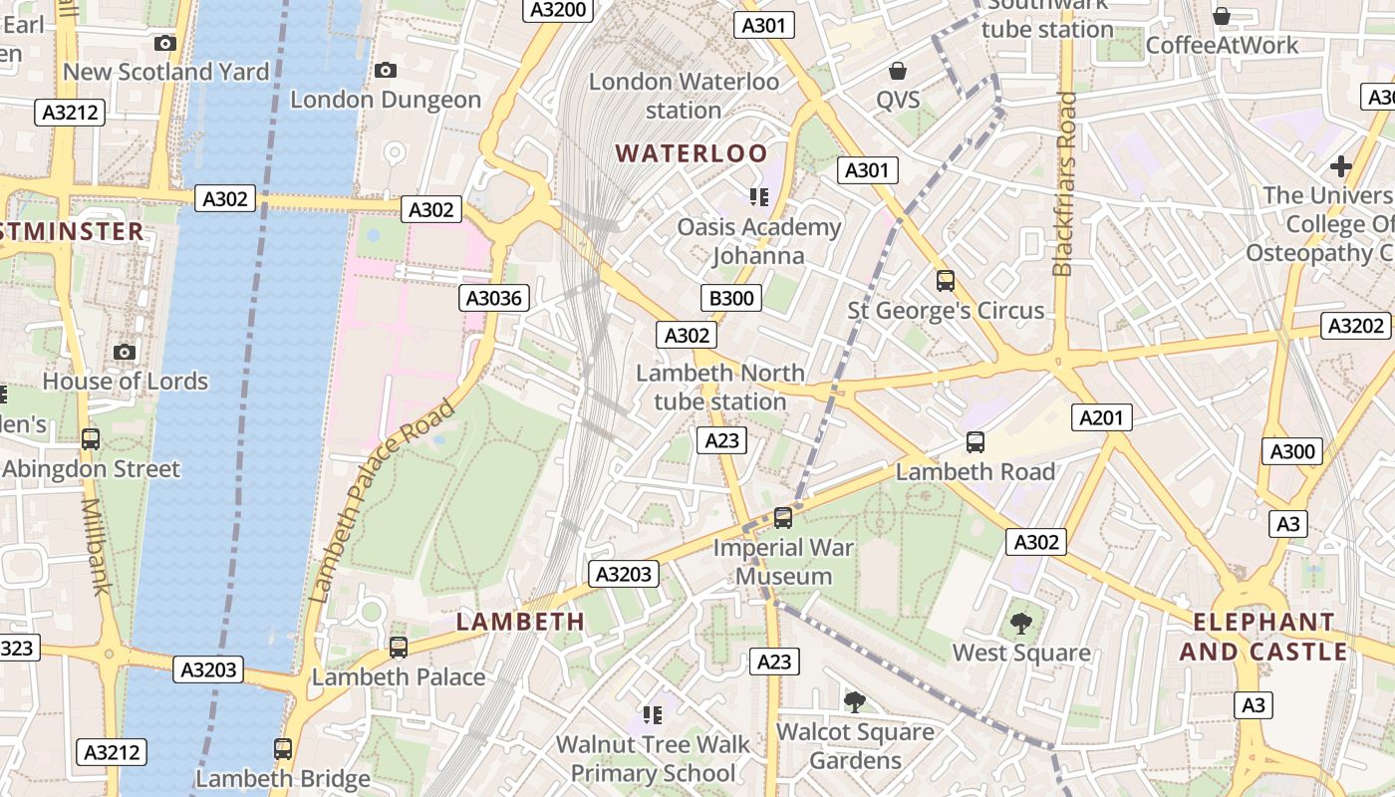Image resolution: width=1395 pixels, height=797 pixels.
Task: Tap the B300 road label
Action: point(730,298)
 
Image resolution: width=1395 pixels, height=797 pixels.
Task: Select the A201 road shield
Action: point(1101,417)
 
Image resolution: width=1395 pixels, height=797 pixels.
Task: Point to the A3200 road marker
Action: point(558,10)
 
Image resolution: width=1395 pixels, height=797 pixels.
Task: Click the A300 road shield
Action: point(1292,451)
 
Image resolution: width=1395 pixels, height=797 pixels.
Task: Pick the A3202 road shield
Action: point(1356,326)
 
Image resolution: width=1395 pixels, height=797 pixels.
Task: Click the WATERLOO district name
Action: point(692,153)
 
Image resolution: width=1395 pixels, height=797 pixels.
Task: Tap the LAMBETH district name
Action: point(520,622)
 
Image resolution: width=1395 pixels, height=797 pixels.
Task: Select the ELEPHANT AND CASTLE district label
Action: point(1263,637)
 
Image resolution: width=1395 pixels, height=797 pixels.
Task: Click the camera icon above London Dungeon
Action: point(385,70)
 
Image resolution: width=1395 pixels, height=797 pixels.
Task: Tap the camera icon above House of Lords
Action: point(125,352)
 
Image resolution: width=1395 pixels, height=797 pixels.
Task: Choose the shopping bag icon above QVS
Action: point(898,71)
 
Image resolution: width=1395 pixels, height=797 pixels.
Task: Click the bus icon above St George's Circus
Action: point(945,281)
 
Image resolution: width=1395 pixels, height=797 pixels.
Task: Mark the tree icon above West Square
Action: point(1021,624)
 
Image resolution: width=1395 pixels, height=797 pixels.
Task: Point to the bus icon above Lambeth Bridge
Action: point(283,748)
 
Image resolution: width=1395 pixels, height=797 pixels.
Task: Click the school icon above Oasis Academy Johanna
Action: point(759,196)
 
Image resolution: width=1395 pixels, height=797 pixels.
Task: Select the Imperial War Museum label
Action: point(784,562)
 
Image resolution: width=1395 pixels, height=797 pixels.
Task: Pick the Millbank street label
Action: point(95,546)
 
